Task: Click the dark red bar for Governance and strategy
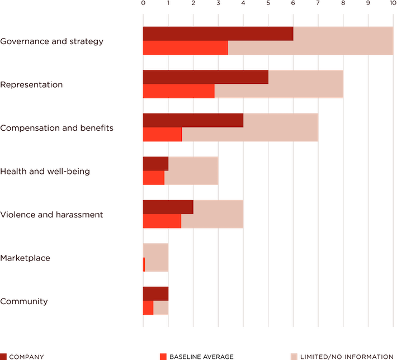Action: tap(218, 34)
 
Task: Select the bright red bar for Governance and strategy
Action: tap(185, 48)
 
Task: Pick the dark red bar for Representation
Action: tap(205, 77)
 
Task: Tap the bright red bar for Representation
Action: tap(178, 91)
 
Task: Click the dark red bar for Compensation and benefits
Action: tap(193, 120)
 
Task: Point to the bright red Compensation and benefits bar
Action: tap(162, 135)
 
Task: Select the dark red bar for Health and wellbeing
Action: tap(155, 163)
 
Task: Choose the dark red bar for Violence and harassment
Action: tap(168, 207)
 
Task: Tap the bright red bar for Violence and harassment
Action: tap(162, 221)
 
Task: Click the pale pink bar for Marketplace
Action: tap(157, 257)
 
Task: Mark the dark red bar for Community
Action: tap(155, 293)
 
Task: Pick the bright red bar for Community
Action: tap(148, 308)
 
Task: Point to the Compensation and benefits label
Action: tap(56, 128)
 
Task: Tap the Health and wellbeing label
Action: tap(45, 171)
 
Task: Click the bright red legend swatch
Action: tap(163, 356)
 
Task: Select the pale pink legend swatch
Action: tap(294, 356)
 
